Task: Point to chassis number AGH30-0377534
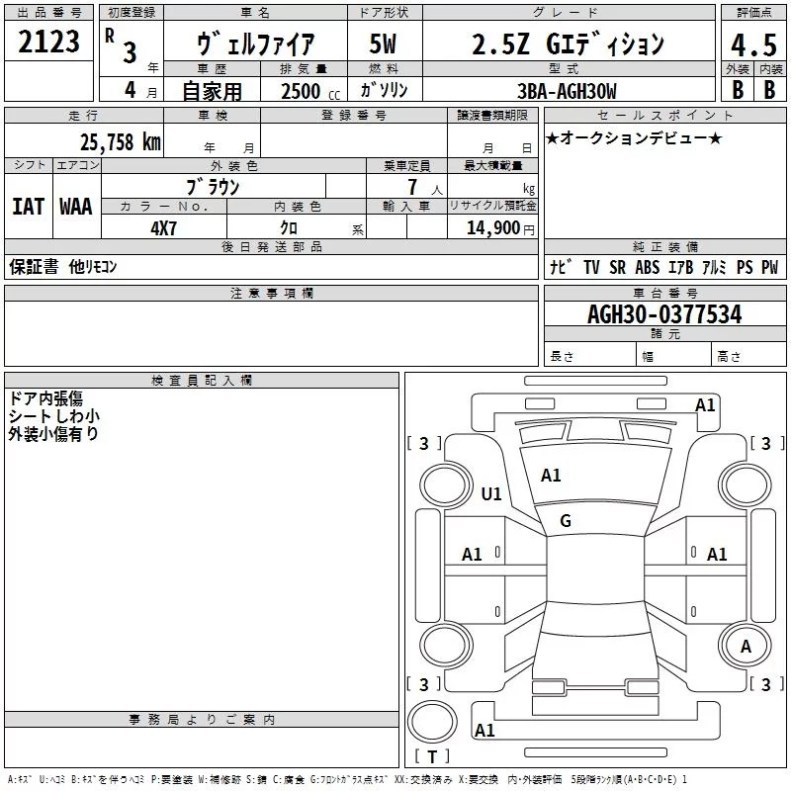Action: pos(664,315)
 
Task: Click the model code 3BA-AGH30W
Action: pos(568,91)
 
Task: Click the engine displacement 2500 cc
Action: pos(303,91)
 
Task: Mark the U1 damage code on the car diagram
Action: pos(490,493)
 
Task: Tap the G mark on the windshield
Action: pos(566,520)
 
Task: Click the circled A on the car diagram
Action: pos(747,647)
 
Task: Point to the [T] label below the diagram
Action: pos(431,757)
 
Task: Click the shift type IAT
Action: pos(28,207)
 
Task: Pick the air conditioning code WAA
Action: pos(76,207)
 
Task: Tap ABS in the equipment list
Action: pos(647,267)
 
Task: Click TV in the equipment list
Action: pos(591,267)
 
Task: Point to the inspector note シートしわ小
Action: pos(53,416)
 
